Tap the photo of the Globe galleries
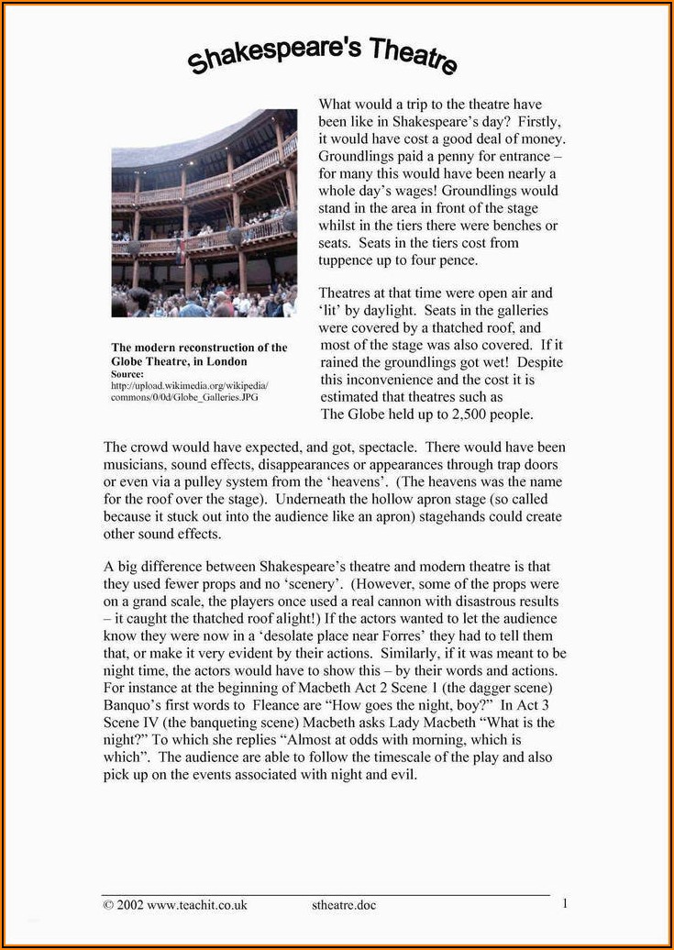pyautogui.click(x=204, y=213)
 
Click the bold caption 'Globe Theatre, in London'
pyautogui.click(x=179, y=361)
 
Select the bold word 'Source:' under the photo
pyautogui.click(x=127, y=374)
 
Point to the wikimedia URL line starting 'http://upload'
pyautogui.click(x=189, y=385)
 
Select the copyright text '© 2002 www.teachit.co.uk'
pyautogui.click(x=175, y=904)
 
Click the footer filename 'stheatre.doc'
pyautogui.click(x=344, y=905)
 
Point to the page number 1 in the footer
pyautogui.click(x=565, y=903)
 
